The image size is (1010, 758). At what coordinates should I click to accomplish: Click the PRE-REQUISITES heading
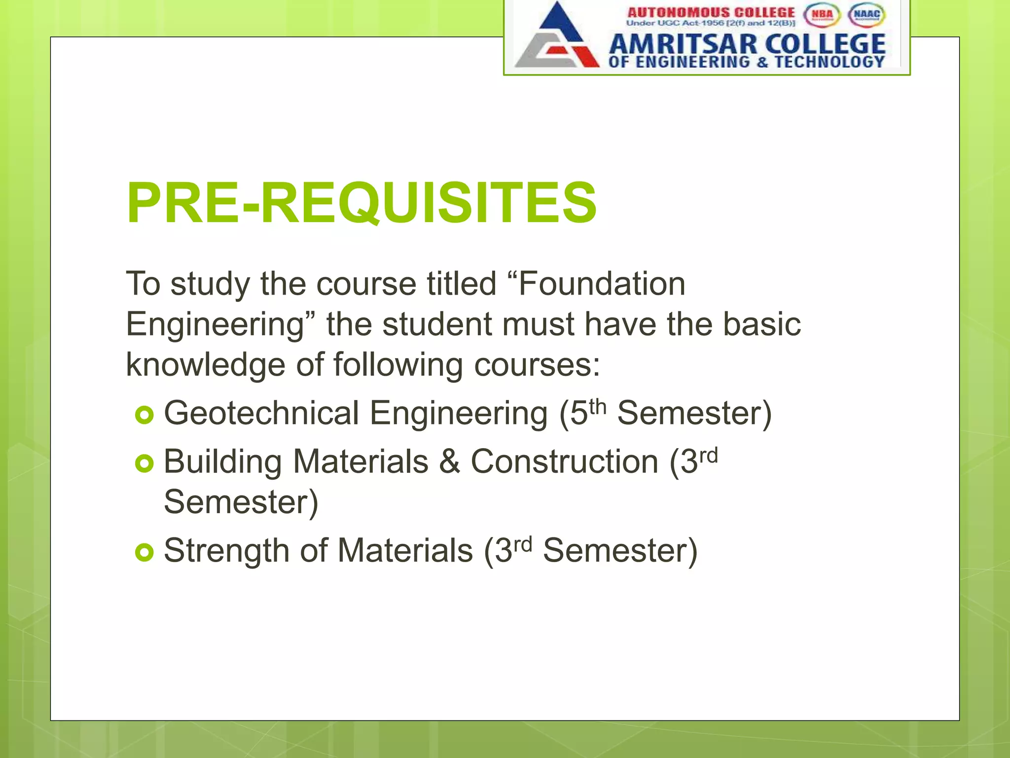361,203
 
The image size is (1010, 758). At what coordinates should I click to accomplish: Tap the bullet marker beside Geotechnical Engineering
144,415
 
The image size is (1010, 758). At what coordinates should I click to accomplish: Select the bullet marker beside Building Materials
144,463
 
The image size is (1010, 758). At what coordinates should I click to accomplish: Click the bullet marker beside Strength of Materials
144,552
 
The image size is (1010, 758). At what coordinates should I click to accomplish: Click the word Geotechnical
261,413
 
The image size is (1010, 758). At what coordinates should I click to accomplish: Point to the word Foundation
602,284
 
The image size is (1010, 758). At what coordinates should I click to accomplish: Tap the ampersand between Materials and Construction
449,462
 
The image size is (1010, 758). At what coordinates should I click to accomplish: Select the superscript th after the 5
597,408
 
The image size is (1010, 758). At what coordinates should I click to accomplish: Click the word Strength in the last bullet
226,551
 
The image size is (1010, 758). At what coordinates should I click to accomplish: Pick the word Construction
564,462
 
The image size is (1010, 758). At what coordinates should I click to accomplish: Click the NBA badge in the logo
822,15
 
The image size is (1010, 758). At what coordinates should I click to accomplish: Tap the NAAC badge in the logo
866,15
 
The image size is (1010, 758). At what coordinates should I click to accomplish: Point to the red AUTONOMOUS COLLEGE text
711,12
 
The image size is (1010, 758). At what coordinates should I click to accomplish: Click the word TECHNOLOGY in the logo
830,62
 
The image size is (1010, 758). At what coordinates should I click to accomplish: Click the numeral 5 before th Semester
579,414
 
